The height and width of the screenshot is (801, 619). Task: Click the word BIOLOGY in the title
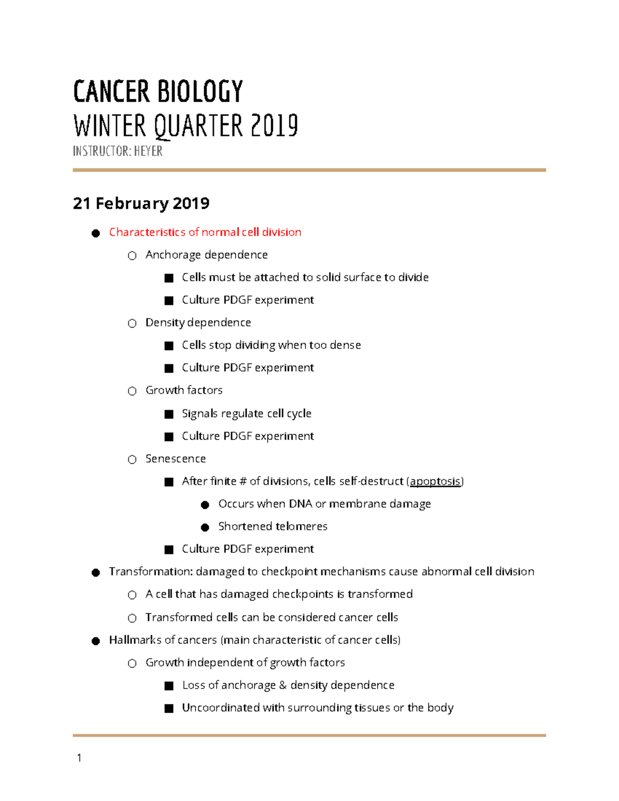point(200,92)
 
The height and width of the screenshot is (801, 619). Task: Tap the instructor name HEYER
point(148,151)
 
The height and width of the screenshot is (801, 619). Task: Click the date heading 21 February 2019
point(141,203)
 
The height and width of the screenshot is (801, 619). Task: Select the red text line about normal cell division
point(205,232)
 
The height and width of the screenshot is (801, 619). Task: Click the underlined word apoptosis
point(435,481)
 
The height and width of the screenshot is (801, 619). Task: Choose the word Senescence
point(175,459)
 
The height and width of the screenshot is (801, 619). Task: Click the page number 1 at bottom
point(79,758)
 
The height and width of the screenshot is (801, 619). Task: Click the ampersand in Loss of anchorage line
point(283,685)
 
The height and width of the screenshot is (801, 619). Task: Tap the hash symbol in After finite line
point(243,481)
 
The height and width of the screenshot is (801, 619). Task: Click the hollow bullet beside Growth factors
point(132,391)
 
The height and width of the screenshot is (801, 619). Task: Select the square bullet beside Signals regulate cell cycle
point(169,414)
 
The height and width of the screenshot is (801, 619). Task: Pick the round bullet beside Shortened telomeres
point(205,527)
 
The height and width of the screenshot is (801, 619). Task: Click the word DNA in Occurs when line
point(300,504)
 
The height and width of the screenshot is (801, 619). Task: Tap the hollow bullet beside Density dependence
point(132,323)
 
